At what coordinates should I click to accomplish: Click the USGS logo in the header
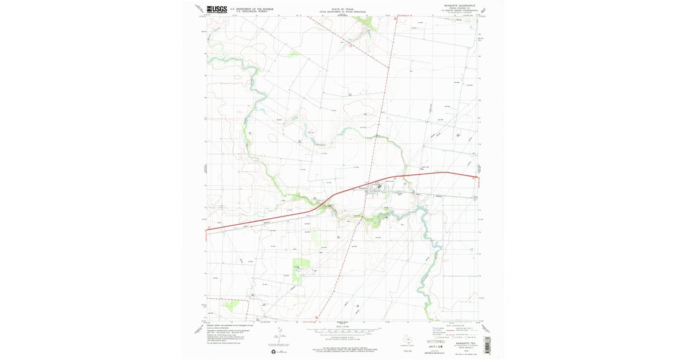[217, 9]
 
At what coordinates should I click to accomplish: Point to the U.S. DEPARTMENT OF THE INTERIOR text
[251, 8]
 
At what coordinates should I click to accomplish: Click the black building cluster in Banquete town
[378, 186]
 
